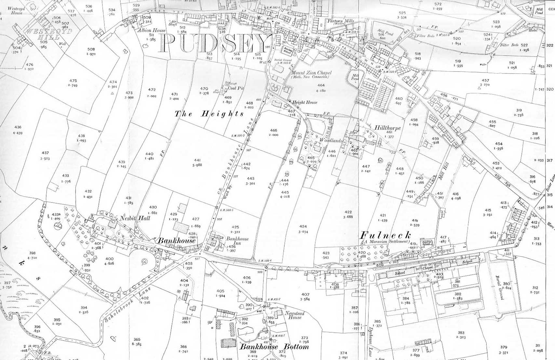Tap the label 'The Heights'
click(x=209, y=114)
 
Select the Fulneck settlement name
click(x=386, y=235)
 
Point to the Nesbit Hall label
click(x=135, y=218)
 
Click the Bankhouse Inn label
click(x=237, y=241)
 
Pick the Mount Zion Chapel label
click(x=311, y=73)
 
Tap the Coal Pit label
click(x=236, y=88)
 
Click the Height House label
click(x=305, y=102)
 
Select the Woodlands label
click(x=331, y=140)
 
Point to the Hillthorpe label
click(x=387, y=128)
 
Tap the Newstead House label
click(x=294, y=315)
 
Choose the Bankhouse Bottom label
click(x=274, y=347)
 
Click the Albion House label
click(x=151, y=30)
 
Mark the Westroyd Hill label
click(x=49, y=34)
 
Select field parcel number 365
click(x=137, y=340)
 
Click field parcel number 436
click(x=18, y=127)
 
